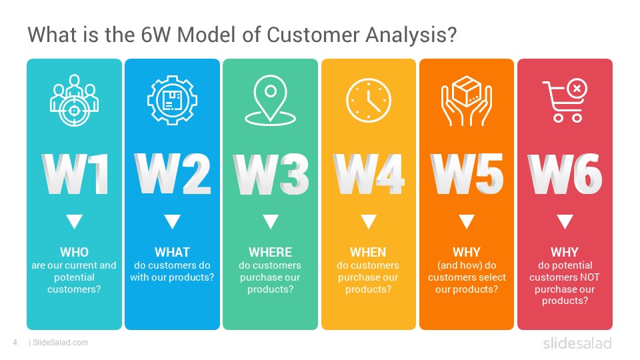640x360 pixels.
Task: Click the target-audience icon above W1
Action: (74, 101)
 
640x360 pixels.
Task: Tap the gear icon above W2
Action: (172, 100)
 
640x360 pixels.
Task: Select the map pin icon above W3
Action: (270, 100)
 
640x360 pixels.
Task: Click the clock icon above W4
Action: (369, 101)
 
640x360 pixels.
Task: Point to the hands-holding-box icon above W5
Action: (467, 101)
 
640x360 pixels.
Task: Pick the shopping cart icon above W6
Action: (565, 101)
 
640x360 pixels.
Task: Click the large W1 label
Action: (75, 174)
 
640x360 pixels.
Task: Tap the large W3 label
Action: (271, 174)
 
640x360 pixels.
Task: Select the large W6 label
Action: (565, 174)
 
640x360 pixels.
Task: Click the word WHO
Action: (74, 252)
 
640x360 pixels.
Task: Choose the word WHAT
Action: (172, 252)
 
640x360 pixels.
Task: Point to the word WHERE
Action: (270, 252)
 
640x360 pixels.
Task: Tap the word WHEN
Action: (368, 252)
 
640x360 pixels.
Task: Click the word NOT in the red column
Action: (590, 277)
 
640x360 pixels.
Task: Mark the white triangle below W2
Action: (172, 221)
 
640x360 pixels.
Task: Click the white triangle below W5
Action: (467, 221)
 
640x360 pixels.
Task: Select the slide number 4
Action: (15, 343)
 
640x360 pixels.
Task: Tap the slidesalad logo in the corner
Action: (577, 343)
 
